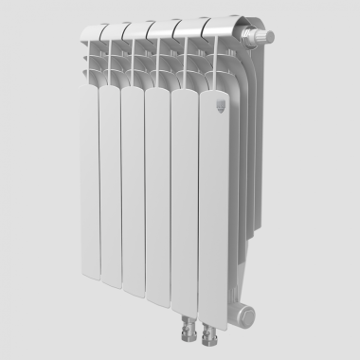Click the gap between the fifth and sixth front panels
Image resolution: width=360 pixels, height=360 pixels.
195,189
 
